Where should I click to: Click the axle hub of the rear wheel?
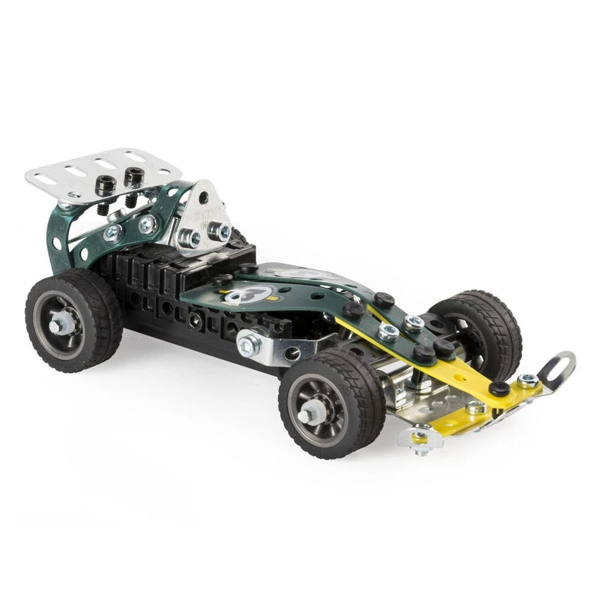click(62, 322)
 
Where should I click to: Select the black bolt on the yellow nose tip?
click(499, 388)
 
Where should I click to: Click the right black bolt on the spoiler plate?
click(133, 177)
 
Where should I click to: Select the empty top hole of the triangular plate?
click(203, 198)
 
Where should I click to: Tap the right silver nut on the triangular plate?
click(220, 231)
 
